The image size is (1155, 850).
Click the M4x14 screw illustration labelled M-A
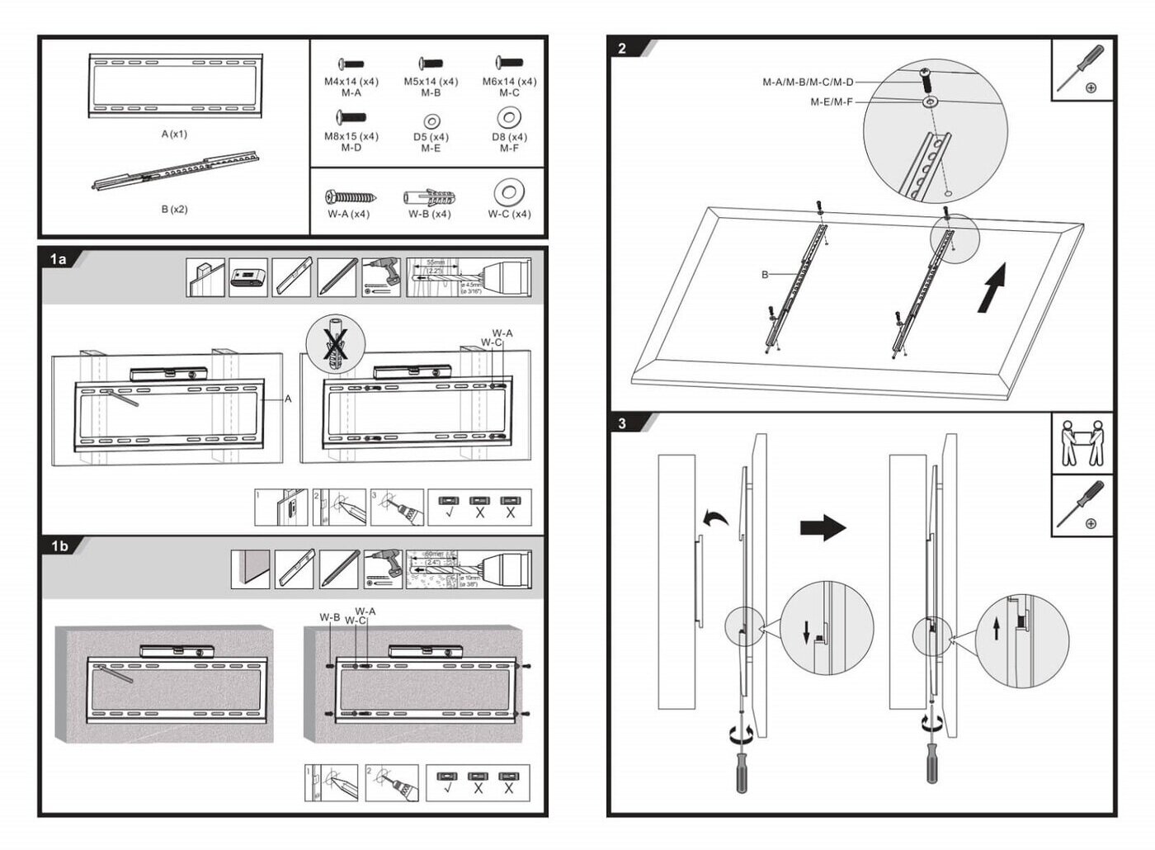[x=351, y=64]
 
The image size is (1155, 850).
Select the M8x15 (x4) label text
[x=351, y=136]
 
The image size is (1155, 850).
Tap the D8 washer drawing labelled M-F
[x=509, y=117]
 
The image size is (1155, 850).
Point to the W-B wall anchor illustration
[x=429, y=197]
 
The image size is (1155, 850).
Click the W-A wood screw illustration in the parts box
[x=350, y=197]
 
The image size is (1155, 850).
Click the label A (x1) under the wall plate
[x=174, y=134]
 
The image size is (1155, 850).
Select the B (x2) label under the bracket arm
[x=174, y=209]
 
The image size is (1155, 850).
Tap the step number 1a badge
[x=59, y=259]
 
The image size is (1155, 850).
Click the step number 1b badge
[x=59, y=545]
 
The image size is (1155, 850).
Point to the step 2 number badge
[x=622, y=49]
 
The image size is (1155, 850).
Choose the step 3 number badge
[x=622, y=423]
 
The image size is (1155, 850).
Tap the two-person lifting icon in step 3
[x=1082, y=443]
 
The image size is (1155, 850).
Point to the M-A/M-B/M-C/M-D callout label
[x=808, y=83]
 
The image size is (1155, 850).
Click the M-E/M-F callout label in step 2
[x=831, y=102]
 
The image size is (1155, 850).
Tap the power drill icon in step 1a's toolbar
[x=381, y=277]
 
